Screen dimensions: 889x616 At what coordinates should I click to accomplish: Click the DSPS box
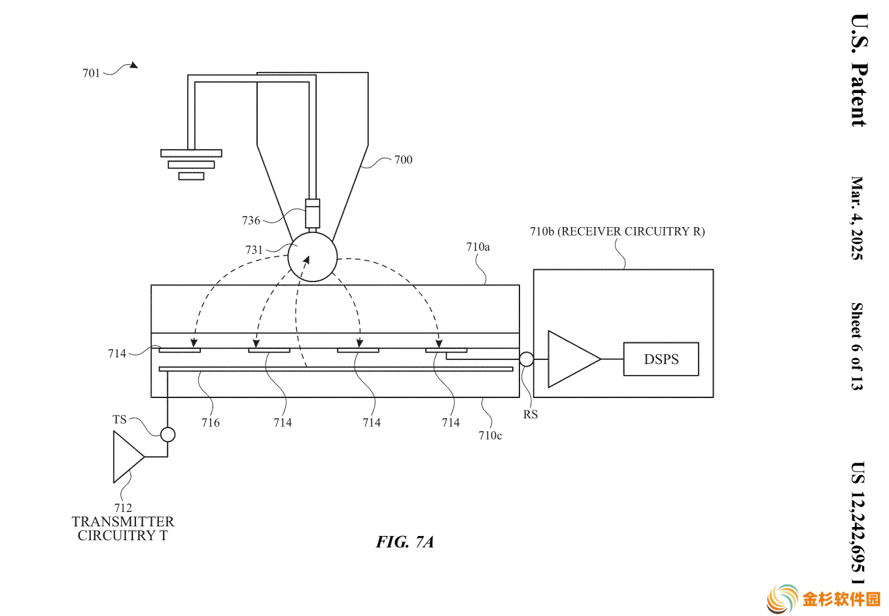click(661, 359)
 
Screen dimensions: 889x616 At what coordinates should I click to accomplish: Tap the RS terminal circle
click(526, 359)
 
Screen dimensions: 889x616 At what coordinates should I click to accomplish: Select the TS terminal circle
click(167, 435)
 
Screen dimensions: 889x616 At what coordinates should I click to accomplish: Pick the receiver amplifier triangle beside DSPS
click(574, 359)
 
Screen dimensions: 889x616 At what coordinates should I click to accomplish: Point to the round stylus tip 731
click(312, 257)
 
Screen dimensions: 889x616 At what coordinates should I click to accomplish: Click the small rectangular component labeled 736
click(312, 213)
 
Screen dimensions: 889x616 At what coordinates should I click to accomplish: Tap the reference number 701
click(92, 73)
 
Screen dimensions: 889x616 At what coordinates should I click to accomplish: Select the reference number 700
click(403, 160)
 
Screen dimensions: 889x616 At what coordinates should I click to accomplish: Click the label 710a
click(478, 247)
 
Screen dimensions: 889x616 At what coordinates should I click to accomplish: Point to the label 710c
click(490, 436)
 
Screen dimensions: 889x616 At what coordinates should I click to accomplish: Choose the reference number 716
click(211, 423)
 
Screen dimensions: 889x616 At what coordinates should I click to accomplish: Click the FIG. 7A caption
click(405, 542)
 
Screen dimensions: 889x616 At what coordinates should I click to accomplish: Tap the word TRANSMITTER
click(122, 522)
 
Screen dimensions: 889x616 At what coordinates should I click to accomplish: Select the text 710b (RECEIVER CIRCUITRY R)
click(617, 231)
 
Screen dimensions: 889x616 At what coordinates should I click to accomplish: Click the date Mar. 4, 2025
click(858, 218)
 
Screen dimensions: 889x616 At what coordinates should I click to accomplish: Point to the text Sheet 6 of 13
click(857, 346)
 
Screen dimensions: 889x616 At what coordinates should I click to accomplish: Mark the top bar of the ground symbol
click(191, 153)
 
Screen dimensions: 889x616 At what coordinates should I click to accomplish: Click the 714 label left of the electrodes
click(117, 353)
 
